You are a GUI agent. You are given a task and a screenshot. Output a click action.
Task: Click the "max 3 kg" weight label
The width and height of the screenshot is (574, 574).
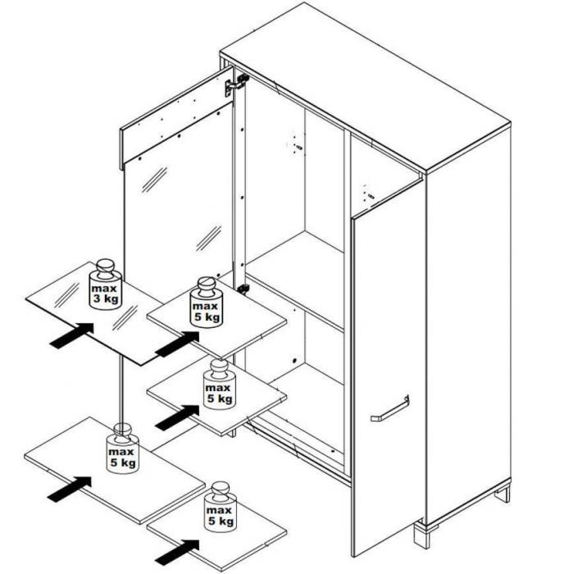tap(106, 294)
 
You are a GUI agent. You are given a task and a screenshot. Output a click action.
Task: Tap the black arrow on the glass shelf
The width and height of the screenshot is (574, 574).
tap(72, 335)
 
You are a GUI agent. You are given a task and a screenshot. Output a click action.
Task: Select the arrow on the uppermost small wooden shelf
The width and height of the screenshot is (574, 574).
tap(177, 344)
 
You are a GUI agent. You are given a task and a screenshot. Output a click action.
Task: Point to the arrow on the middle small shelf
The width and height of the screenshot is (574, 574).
tap(177, 417)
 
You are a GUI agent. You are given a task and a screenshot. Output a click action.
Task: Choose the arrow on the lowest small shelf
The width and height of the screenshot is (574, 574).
tap(177, 552)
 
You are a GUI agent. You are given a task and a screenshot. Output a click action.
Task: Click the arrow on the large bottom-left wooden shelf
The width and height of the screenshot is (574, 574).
tap(70, 489)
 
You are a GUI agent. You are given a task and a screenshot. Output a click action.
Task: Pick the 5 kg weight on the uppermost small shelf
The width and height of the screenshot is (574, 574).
tap(207, 303)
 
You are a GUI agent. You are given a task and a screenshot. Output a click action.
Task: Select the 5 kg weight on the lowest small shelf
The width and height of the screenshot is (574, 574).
tap(221, 507)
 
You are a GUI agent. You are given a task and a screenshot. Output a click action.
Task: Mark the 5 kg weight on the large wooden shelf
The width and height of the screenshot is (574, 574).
tap(123, 449)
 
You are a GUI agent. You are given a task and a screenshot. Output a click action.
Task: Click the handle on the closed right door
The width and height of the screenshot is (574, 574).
tap(390, 408)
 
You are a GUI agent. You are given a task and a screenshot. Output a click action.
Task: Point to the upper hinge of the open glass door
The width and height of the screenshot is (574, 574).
tap(236, 84)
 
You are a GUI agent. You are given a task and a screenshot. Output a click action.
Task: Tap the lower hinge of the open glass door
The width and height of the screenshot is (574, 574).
tap(243, 289)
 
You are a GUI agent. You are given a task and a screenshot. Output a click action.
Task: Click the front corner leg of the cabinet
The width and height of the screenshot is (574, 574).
tap(421, 535)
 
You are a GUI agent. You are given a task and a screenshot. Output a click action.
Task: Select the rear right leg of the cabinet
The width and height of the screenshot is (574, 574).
tap(502, 494)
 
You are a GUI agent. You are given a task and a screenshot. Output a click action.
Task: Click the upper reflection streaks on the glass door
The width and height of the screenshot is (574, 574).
tap(154, 180)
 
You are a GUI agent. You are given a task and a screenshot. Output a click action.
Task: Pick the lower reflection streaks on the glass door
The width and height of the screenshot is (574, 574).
tap(208, 239)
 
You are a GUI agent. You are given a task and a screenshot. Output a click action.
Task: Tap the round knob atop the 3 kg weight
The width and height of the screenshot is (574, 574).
tap(106, 266)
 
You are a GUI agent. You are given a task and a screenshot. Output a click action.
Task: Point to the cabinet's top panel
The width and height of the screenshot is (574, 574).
tap(365, 87)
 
